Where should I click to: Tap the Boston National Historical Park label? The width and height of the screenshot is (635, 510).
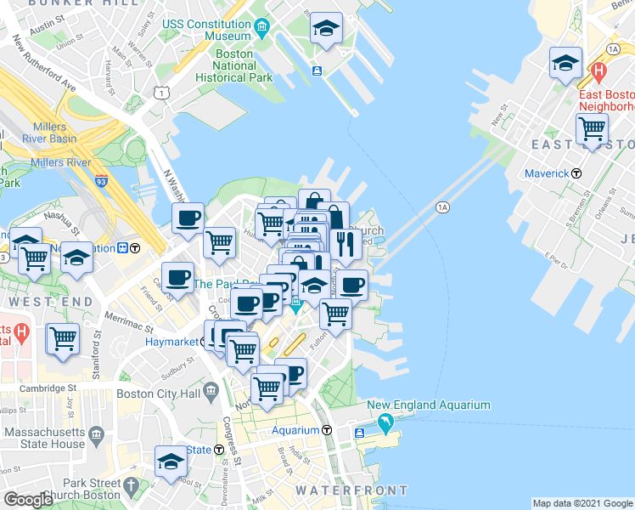233,65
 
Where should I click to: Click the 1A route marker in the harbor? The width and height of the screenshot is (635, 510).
441,207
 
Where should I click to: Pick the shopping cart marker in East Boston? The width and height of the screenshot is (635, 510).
591,129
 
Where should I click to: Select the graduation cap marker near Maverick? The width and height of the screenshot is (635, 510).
565,62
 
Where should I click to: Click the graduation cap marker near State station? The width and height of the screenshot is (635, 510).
171,461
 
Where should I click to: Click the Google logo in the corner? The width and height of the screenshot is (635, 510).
28,500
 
